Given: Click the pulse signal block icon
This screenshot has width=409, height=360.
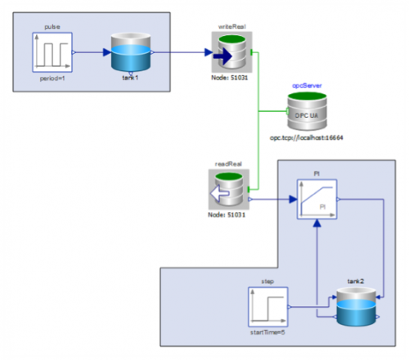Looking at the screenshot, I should tap(53, 53).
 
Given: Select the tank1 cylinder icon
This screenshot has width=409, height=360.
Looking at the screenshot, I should tap(131, 54).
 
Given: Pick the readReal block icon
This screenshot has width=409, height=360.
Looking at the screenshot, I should tap(229, 194).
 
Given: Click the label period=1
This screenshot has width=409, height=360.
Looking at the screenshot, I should tap(53, 80).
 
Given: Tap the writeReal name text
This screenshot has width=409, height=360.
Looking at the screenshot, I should tap(229, 26).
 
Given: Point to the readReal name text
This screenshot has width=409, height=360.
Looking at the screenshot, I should tap(229, 164).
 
